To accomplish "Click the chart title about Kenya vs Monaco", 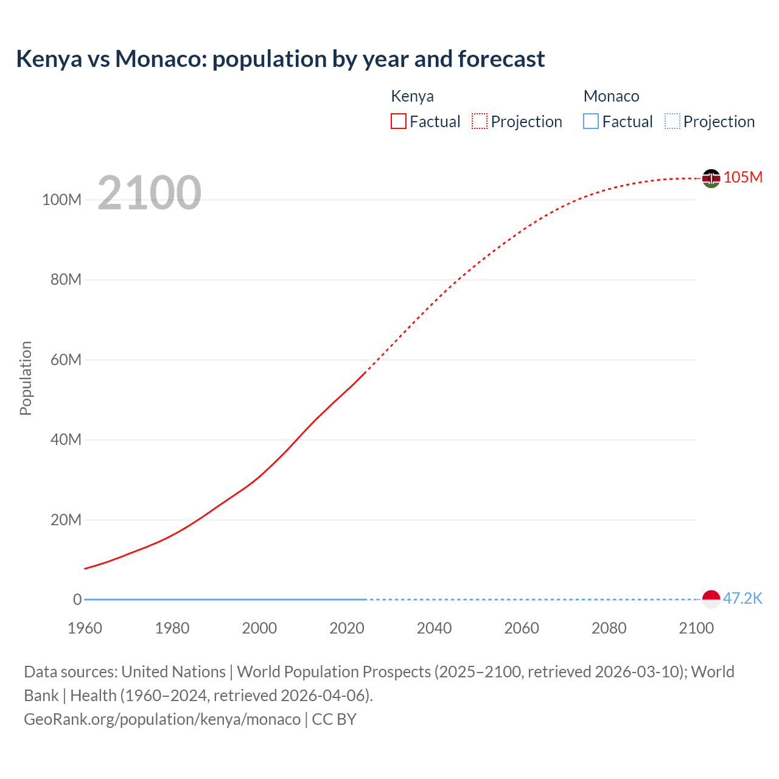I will point(280,59).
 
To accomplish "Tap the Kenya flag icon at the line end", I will point(711,178).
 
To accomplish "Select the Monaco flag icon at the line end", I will point(711,599).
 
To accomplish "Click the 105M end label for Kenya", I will point(742,177).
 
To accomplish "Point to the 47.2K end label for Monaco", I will point(742,598).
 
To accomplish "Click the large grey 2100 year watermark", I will point(149,193).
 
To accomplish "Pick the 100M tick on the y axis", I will point(61,200).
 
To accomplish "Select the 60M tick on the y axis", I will point(66,360).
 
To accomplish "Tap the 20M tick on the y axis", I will point(66,520).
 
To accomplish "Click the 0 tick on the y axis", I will point(77,599).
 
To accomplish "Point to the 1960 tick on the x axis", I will point(85,628).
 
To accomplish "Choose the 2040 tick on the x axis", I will point(434,628).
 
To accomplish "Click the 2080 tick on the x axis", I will point(609,628).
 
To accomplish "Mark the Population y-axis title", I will point(26,378).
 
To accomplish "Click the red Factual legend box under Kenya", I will point(399,122).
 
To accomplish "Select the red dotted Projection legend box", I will point(480,122).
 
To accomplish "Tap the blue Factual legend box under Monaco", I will point(591,122).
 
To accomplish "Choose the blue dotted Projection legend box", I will point(672,122).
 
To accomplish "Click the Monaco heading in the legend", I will point(611,96).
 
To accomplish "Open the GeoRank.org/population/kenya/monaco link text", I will point(162,719).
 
